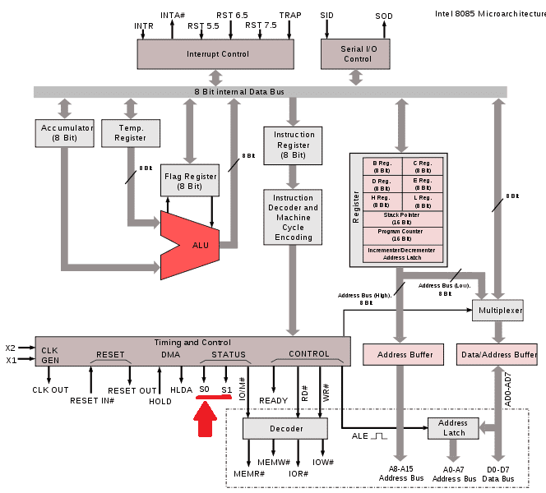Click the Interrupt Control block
point(215,54)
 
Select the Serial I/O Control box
point(356,54)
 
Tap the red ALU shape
point(197,244)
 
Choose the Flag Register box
point(189,181)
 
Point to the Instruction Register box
point(294,145)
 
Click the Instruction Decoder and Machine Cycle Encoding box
point(294,218)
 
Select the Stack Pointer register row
point(403,219)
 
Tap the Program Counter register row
point(403,235)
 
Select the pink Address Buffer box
point(398,355)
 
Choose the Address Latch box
point(453,428)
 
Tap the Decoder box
point(286,428)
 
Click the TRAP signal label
point(290,15)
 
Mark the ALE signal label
point(360,436)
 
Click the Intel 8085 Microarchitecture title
point(486,13)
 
